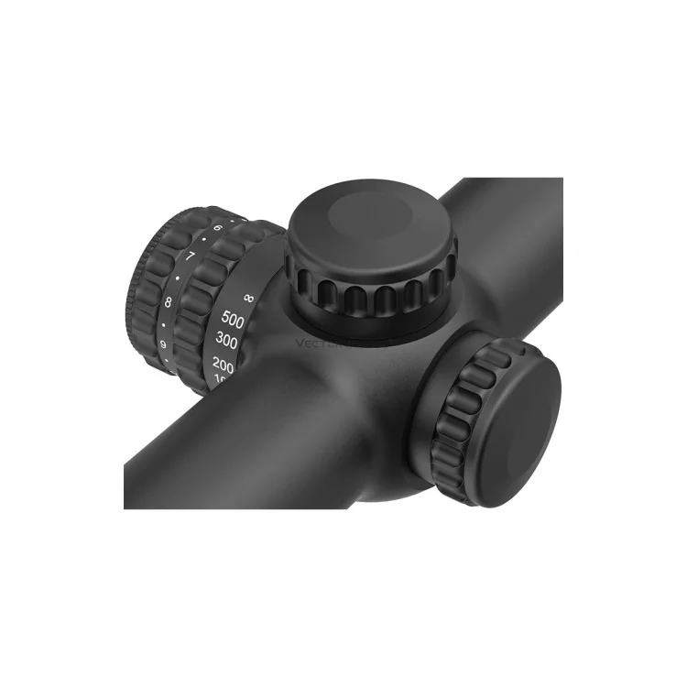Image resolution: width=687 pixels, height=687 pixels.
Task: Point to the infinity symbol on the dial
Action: [249, 298]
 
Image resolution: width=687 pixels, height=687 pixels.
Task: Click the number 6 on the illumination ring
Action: [218, 227]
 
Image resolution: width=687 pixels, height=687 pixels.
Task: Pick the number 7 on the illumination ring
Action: [190, 256]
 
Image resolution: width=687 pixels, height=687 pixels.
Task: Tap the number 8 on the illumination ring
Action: [169, 300]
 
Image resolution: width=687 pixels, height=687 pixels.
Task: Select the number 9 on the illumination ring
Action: [162, 344]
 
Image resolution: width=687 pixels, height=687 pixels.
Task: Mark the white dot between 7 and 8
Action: [178, 278]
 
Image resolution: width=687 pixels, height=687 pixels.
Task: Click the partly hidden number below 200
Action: [221, 379]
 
